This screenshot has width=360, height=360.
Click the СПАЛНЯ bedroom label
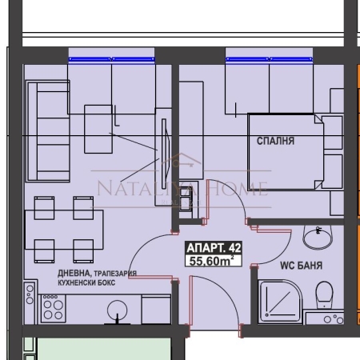click(x=275, y=141)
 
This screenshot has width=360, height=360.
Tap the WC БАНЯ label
click(x=302, y=266)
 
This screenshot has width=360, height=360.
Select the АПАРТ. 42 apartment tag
click(x=214, y=248)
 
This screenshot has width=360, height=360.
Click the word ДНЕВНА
click(x=74, y=273)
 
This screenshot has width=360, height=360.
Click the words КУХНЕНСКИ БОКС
click(x=86, y=282)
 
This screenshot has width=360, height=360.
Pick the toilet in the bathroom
click(x=325, y=294)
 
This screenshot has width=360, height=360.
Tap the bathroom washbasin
click(x=318, y=238)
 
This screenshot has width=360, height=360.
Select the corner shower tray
click(x=280, y=302)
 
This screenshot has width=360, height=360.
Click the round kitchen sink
click(x=117, y=310)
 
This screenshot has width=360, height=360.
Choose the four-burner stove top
click(x=53, y=308)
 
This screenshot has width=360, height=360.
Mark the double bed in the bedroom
click(x=286, y=152)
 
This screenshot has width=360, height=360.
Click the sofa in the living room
click(x=48, y=131)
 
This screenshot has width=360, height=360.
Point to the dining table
click(x=64, y=230)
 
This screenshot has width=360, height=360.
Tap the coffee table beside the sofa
click(x=98, y=129)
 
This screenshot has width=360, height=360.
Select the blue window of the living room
click(x=111, y=59)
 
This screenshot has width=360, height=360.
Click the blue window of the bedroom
click(x=269, y=59)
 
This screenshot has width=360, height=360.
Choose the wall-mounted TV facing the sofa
click(x=165, y=150)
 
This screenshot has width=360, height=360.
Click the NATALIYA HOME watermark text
click(x=182, y=188)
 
